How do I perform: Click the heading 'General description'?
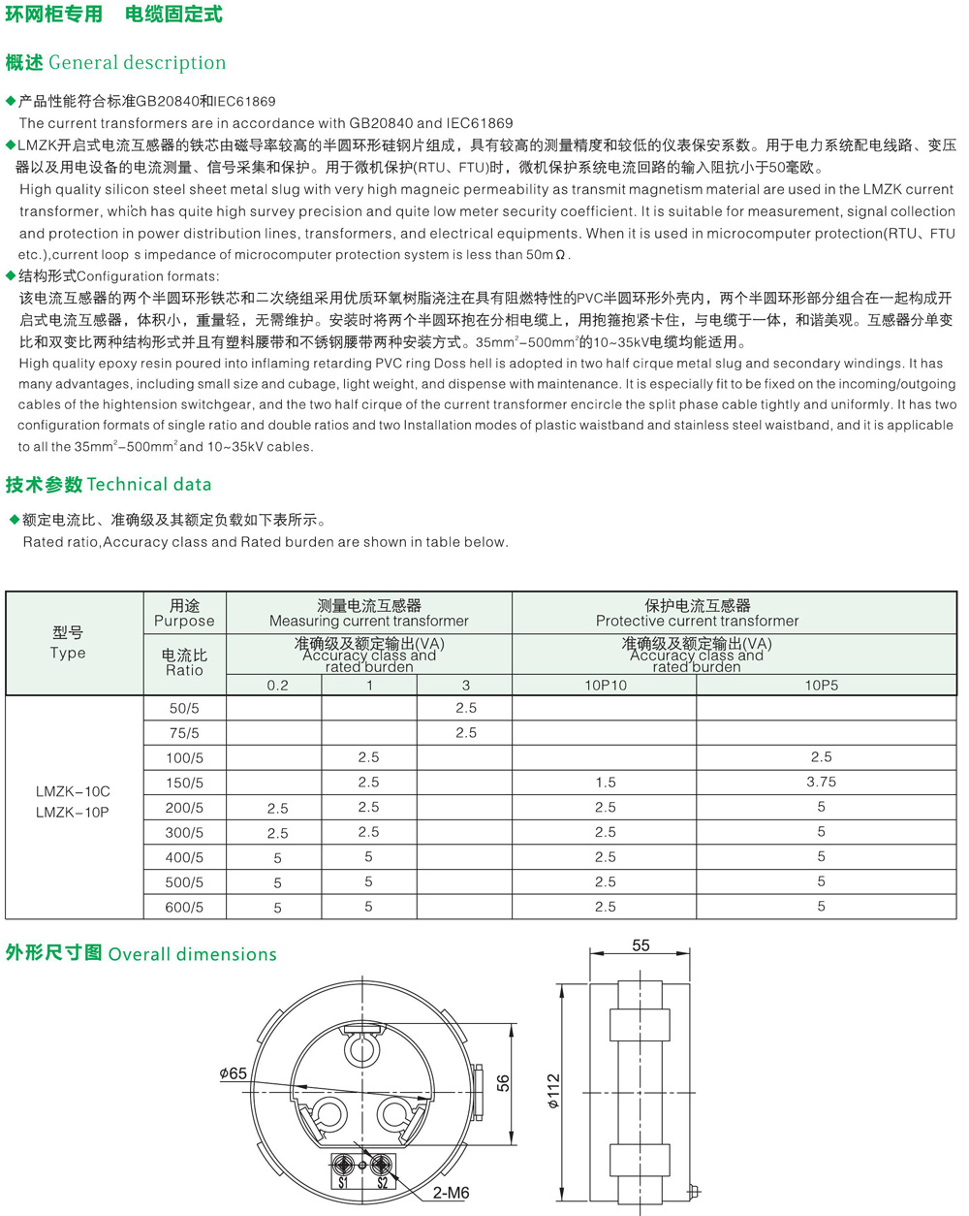coord(137,63)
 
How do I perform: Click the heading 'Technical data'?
coord(148,485)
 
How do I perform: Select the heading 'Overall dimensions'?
coord(192,954)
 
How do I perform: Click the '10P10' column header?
coord(605,685)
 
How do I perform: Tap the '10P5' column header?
coord(821,685)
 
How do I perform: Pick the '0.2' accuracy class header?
coord(277,685)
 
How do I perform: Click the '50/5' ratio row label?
coord(184,709)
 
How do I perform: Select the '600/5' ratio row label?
coord(184,908)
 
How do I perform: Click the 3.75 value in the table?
coord(821,783)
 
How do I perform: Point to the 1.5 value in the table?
coord(606,783)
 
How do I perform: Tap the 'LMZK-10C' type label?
coord(73,791)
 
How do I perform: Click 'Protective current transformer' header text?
coord(697,621)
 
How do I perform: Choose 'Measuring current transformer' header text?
coord(368,621)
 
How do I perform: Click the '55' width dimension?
coord(641,945)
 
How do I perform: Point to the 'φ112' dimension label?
coord(553,1090)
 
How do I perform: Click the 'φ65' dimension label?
coord(233,1073)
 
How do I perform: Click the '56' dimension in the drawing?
coord(503,1083)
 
